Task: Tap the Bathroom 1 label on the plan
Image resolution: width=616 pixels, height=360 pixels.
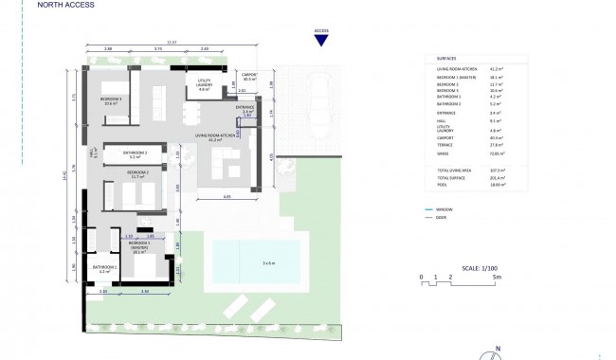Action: [x=104, y=269]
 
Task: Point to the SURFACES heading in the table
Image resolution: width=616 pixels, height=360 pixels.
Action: [x=447, y=60]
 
